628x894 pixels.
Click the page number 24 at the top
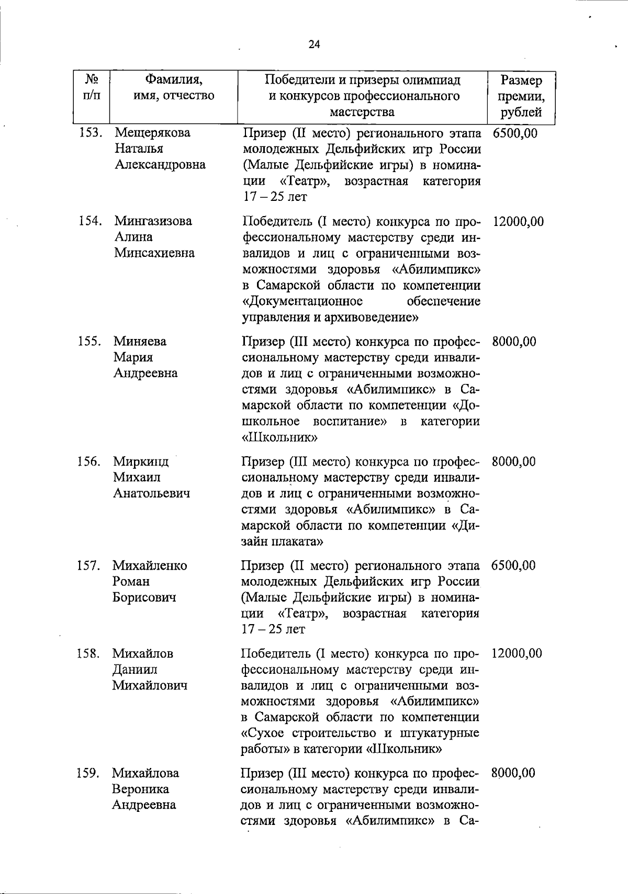(x=314, y=44)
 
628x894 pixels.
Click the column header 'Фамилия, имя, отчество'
(x=174, y=88)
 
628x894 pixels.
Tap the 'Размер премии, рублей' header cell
(x=521, y=96)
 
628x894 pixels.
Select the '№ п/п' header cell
(x=92, y=88)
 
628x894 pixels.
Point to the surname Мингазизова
(x=153, y=221)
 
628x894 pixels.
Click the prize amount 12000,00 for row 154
(x=518, y=222)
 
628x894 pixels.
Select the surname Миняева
(x=140, y=342)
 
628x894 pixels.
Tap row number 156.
(x=89, y=462)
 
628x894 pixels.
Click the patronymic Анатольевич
(x=151, y=493)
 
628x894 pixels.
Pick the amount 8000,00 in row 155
(x=514, y=342)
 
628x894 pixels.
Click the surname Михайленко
(x=149, y=565)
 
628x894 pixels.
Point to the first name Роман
(x=131, y=582)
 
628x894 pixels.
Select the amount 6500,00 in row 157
(x=513, y=565)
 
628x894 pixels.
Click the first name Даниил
(x=134, y=670)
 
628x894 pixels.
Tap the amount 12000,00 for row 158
(x=517, y=653)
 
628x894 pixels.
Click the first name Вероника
(x=140, y=789)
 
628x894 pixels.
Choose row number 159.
(x=88, y=773)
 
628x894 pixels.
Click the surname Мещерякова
(x=153, y=133)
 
